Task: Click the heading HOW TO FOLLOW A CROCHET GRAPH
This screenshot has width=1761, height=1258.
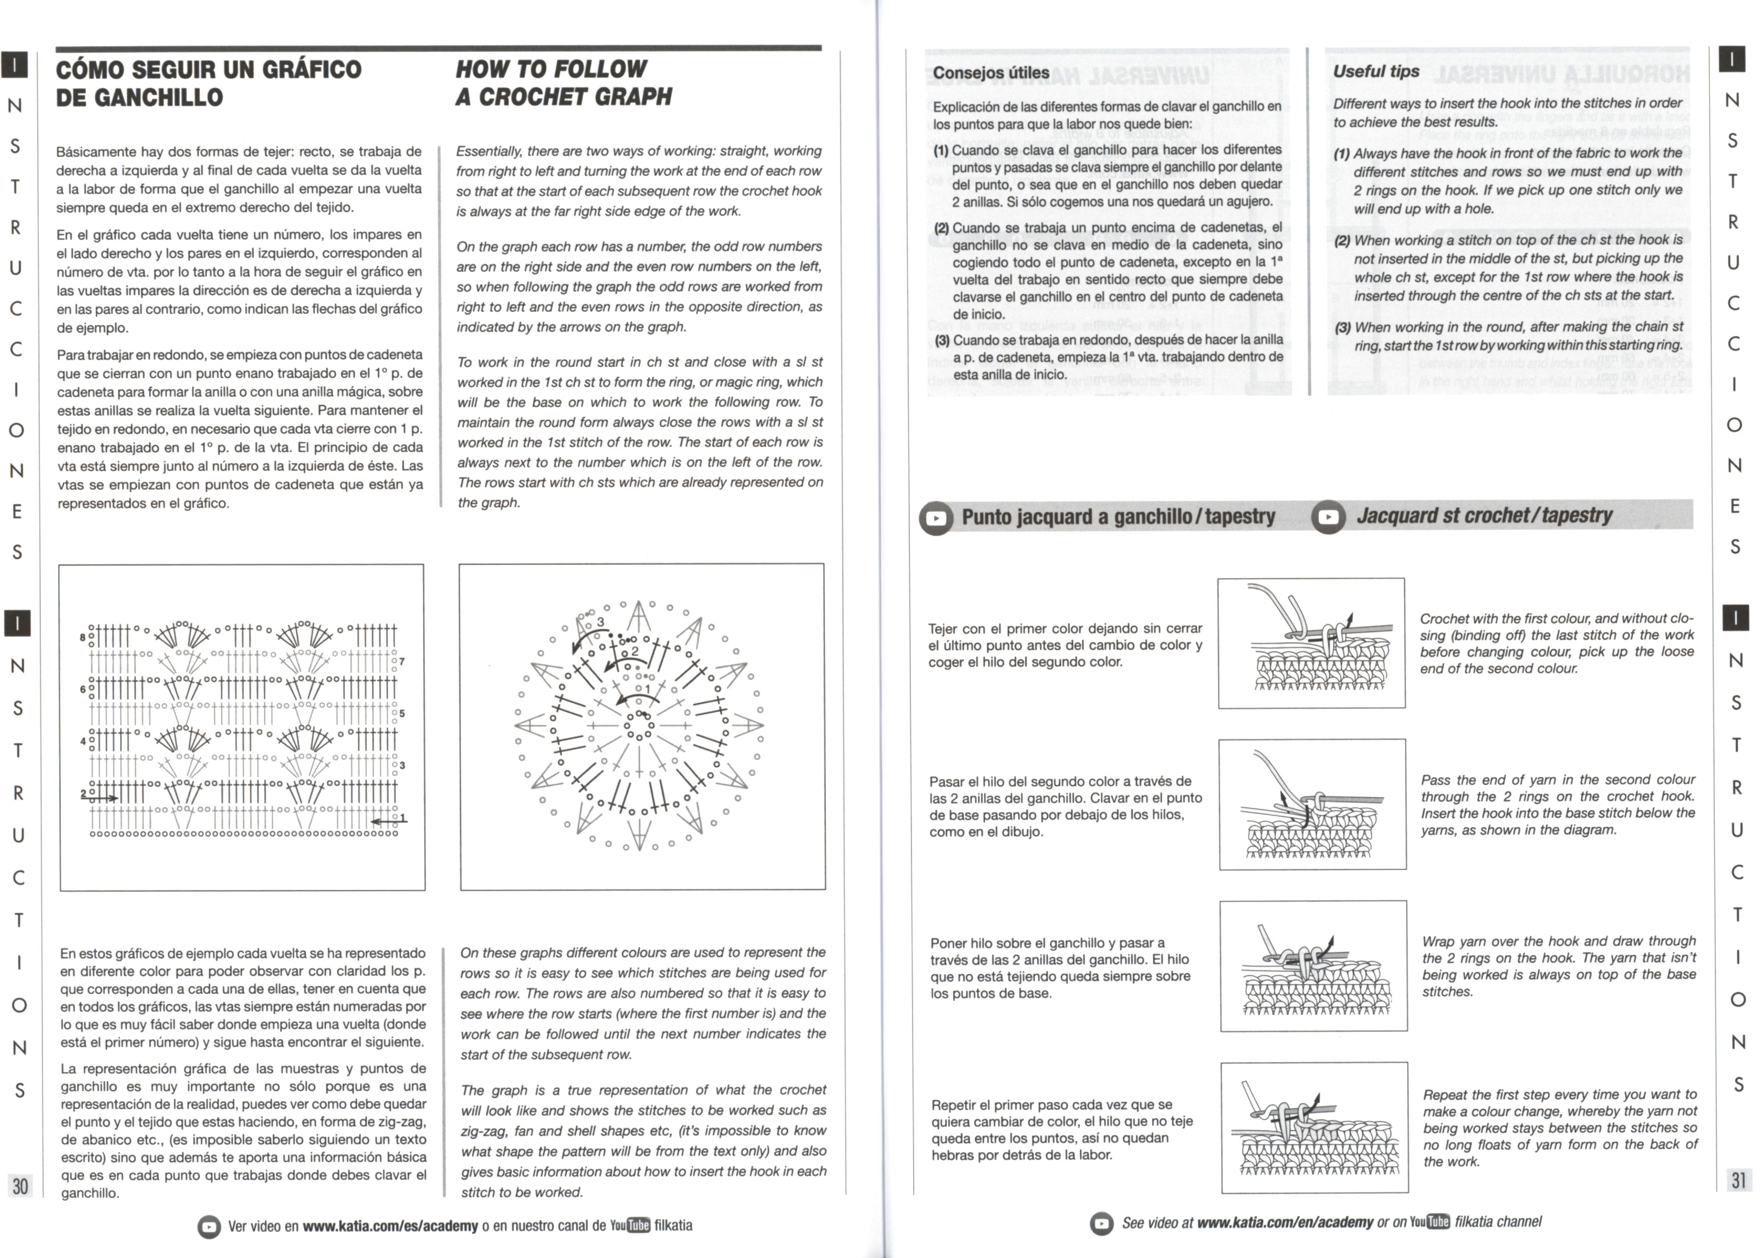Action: pyautogui.click(x=563, y=83)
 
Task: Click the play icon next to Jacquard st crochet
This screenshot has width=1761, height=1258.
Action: pyautogui.click(x=1328, y=517)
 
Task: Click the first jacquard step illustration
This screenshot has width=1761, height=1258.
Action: pyautogui.click(x=1311, y=643)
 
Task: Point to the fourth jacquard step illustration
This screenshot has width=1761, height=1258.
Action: pyautogui.click(x=1314, y=1127)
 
